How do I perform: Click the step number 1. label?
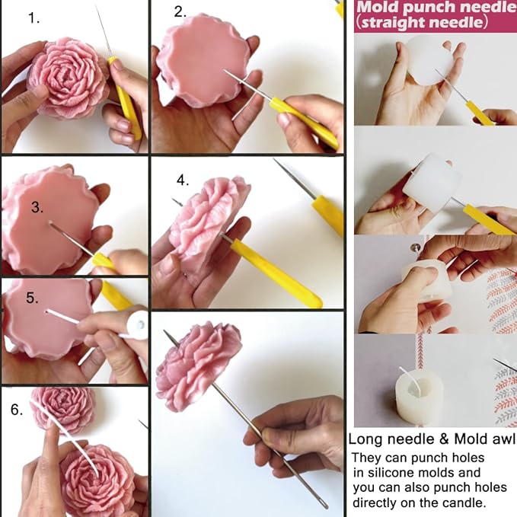point(34,18)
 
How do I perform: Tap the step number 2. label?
point(180,11)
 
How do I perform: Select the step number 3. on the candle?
point(37,207)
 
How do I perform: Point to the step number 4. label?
point(182,180)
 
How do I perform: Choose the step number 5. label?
point(32,298)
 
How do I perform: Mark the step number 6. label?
point(16,410)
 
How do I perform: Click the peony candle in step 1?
point(69,79)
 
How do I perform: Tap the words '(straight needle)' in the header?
point(420,23)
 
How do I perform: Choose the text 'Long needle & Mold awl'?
point(431,439)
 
